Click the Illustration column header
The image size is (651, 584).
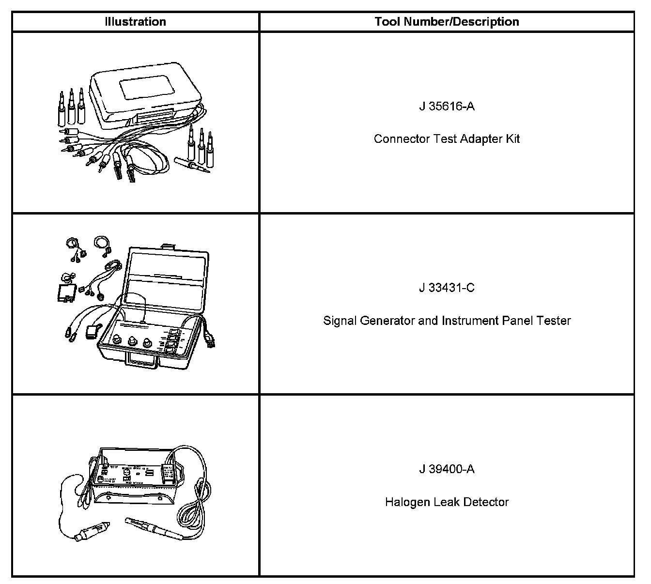tap(135, 22)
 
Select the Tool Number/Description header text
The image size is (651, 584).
tap(447, 22)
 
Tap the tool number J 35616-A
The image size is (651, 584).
tap(447, 106)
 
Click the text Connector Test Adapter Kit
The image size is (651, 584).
tap(447, 139)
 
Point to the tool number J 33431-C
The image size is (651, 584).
tap(447, 288)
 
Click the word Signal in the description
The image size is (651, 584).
tap(340, 321)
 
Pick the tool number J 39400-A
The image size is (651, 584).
tap(447, 469)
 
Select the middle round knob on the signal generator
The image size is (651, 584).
tap(131, 342)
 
